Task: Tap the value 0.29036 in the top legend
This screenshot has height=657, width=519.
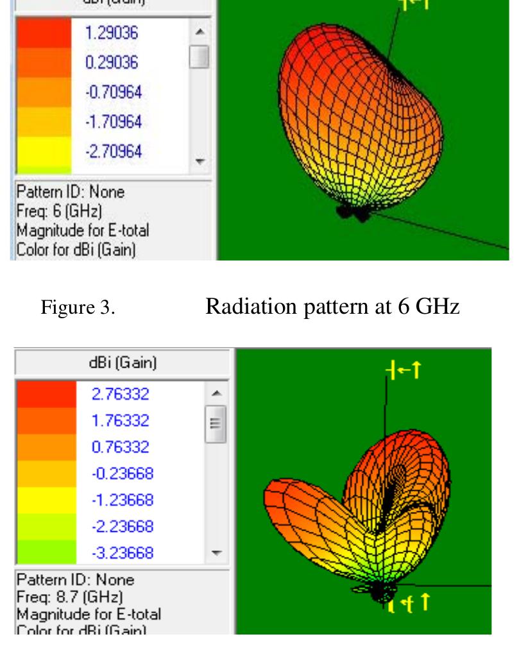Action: click(x=111, y=63)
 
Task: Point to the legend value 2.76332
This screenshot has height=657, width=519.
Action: click(x=121, y=393)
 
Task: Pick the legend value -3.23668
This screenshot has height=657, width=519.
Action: click(x=121, y=552)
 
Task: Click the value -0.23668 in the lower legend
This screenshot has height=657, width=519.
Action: click(x=121, y=474)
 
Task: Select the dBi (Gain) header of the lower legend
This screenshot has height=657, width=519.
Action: click(x=123, y=363)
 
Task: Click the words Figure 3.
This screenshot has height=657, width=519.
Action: click(x=78, y=308)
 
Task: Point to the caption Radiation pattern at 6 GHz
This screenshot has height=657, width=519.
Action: click(x=332, y=307)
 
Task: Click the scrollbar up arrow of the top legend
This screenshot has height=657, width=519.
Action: click(x=200, y=31)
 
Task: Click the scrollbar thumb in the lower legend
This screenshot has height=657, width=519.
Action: click(x=216, y=423)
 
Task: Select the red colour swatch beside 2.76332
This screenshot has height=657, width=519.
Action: click(x=46, y=393)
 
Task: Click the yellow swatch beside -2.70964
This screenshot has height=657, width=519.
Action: click(x=44, y=152)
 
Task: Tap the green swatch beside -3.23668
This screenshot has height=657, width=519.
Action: click(x=46, y=552)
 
